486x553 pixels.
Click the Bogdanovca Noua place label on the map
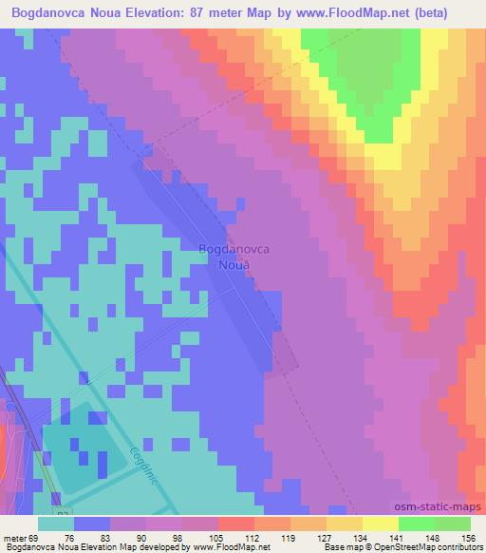(234, 257)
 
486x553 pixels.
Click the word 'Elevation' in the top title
(159, 12)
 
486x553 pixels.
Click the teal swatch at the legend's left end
(56, 524)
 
